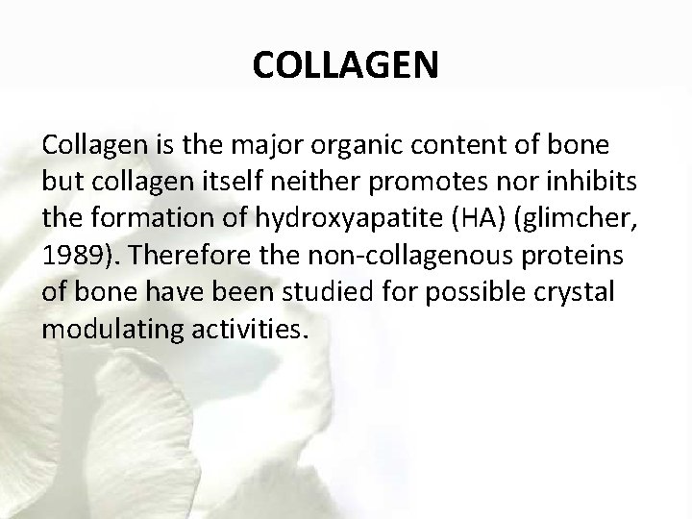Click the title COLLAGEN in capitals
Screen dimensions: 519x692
(346, 66)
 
